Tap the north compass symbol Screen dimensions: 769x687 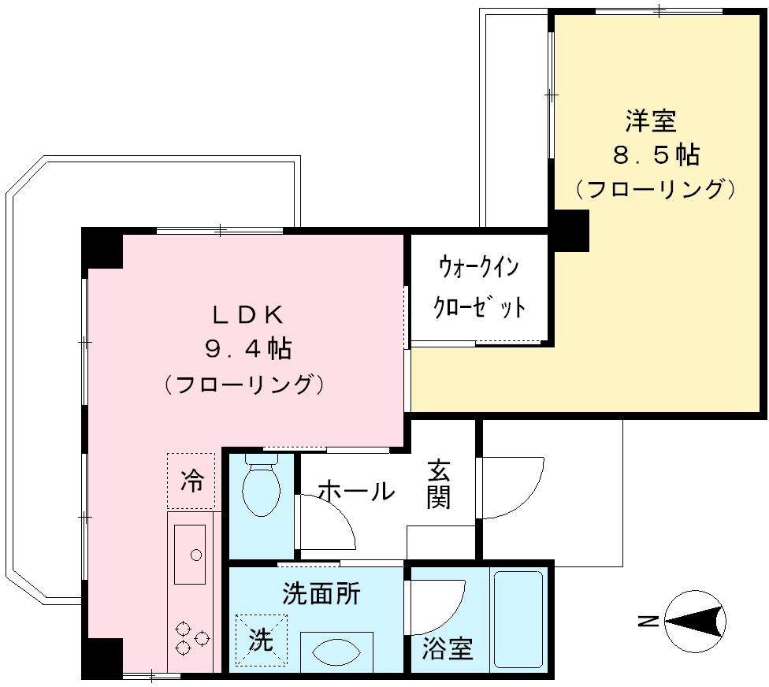696,622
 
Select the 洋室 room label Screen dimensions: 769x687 651,121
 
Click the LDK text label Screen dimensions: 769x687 247,315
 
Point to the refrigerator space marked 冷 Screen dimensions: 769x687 191,481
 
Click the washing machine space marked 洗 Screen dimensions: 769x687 261,640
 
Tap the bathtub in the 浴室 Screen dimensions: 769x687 518,618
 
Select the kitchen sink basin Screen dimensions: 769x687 190,554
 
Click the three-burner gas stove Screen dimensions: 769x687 191,638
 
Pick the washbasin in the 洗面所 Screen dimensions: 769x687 336,652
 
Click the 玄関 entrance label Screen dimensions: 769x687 438,485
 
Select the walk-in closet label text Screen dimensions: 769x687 479,288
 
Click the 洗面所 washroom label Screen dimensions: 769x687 321,593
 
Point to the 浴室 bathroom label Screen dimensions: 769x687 448,648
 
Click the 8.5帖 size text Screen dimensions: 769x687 656,155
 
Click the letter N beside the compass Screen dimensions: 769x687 648,622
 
